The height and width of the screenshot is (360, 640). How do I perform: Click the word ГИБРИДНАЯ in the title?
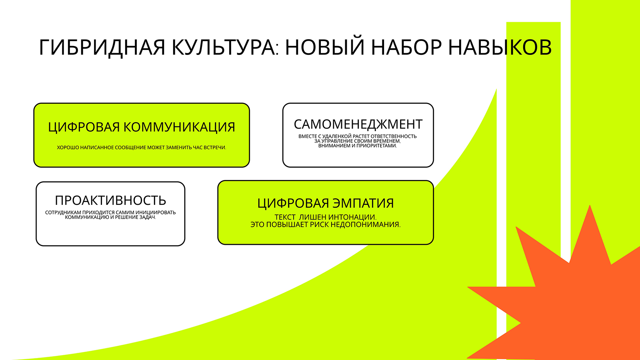[x=102, y=48]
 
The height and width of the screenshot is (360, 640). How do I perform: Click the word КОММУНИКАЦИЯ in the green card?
[x=179, y=127]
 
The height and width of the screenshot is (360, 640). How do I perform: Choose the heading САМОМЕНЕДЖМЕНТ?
[x=358, y=124]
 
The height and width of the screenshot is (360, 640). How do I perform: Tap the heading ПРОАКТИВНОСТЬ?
[x=110, y=200]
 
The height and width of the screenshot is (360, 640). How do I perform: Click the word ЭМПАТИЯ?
[x=364, y=203]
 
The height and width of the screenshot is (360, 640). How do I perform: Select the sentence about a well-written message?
[x=142, y=148]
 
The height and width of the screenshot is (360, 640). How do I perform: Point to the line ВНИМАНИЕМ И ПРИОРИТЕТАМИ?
[x=358, y=146]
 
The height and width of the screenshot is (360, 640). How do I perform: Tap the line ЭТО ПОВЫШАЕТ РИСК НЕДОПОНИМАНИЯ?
[x=326, y=224]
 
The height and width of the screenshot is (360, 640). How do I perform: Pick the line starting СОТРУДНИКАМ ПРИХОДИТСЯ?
[x=110, y=212]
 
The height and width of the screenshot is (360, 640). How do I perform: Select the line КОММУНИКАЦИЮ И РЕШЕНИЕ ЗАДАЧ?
[x=110, y=217]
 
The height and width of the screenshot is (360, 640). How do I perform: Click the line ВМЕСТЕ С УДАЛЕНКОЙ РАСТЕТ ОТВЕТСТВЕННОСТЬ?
[x=358, y=136]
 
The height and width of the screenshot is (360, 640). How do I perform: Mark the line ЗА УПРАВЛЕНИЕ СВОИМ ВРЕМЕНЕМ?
[x=358, y=141]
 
